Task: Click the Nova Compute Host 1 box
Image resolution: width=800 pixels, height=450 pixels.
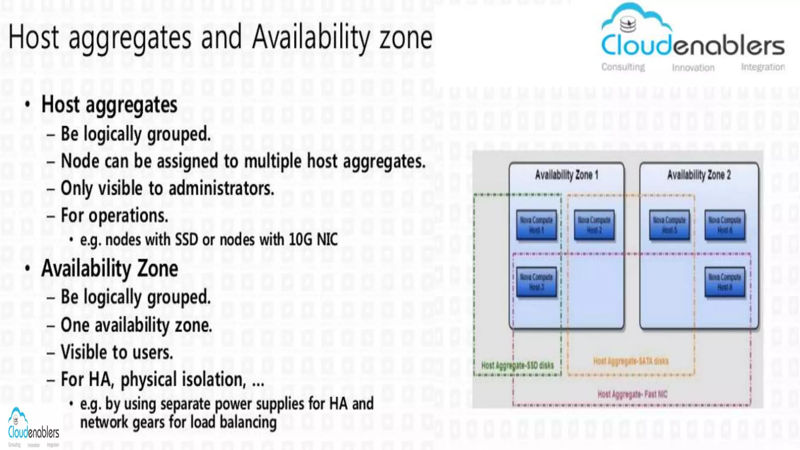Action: [536, 225]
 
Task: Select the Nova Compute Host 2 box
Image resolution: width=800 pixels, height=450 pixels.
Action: [594, 225]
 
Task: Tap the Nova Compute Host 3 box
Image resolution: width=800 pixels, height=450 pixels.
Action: [536, 282]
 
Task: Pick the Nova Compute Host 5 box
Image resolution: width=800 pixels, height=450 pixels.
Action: [669, 225]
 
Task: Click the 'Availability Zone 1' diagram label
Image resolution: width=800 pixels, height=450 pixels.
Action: [566, 175]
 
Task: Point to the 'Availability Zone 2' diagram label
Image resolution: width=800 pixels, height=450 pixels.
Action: [699, 175]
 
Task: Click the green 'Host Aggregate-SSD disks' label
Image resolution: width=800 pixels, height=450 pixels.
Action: [517, 365]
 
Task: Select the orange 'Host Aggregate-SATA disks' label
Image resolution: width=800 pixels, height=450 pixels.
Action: [630, 361]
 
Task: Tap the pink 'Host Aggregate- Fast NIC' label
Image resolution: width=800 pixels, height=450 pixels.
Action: [632, 394]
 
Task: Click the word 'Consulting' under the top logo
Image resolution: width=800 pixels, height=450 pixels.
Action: [623, 67]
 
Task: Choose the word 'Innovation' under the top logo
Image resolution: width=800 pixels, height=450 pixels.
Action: [693, 68]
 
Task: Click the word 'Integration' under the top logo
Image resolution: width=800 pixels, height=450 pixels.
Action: [763, 67]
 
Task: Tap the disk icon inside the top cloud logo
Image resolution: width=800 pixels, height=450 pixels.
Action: [628, 25]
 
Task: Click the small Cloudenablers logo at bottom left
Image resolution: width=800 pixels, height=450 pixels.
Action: [33, 427]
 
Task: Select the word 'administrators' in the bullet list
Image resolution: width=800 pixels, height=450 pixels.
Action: [221, 188]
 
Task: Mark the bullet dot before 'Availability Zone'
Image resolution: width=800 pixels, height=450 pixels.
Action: [27, 268]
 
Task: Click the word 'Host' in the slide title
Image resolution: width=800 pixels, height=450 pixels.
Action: [34, 37]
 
